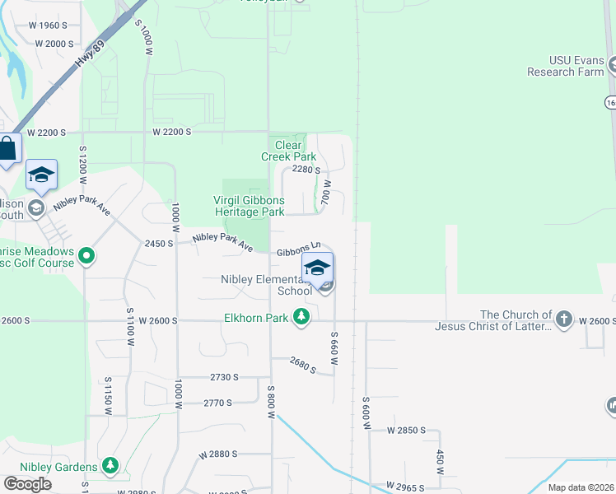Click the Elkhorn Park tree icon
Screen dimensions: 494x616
(x=302, y=316)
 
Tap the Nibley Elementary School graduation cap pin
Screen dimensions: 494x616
(x=318, y=267)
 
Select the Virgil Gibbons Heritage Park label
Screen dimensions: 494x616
(x=250, y=206)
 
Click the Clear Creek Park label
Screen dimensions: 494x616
(x=289, y=151)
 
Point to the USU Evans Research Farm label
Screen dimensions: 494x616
(x=565, y=66)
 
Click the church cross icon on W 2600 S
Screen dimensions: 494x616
(x=563, y=319)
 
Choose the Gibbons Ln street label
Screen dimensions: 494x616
(x=298, y=249)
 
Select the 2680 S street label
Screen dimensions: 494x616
(x=302, y=365)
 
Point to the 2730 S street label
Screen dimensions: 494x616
(x=224, y=377)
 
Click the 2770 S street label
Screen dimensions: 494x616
(x=218, y=403)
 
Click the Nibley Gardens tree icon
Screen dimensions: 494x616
(x=110, y=467)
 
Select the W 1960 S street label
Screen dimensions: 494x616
(x=47, y=26)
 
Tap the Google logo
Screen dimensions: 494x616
(x=28, y=483)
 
